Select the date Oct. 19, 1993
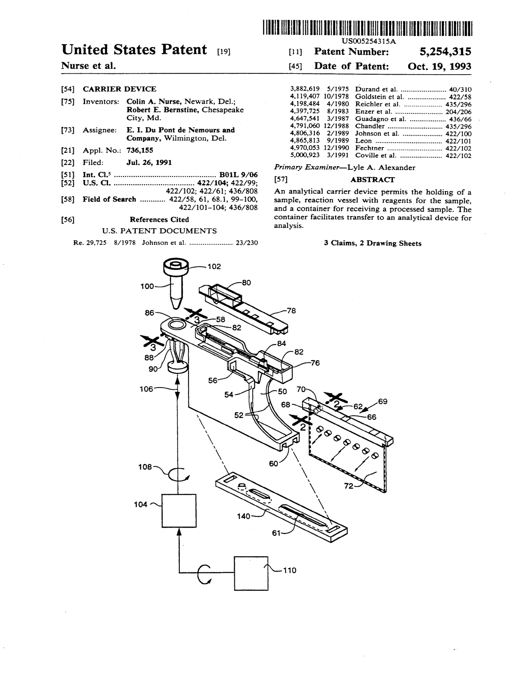click(439, 66)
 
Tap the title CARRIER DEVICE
click(119, 89)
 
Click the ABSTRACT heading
click(373, 180)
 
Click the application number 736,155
click(140, 150)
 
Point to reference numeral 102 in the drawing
click(214, 266)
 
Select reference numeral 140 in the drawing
click(243, 516)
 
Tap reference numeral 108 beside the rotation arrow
click(145, 467)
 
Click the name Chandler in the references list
click(370, 126)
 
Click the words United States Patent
click(134, 50)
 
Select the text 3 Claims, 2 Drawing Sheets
click(373, 243)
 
